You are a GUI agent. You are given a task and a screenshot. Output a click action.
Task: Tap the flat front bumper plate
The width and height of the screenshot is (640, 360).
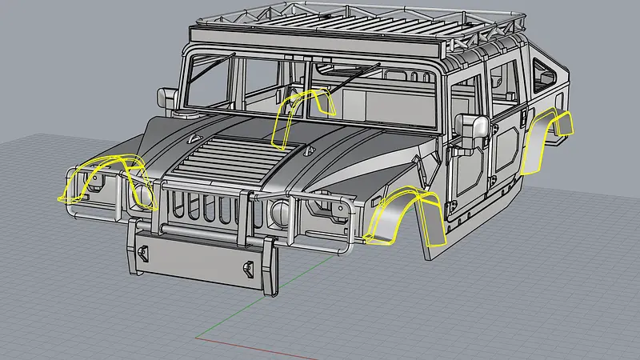click(200, 255)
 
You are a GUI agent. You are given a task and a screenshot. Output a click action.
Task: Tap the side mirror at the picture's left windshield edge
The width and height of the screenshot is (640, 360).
click(169, 98)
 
